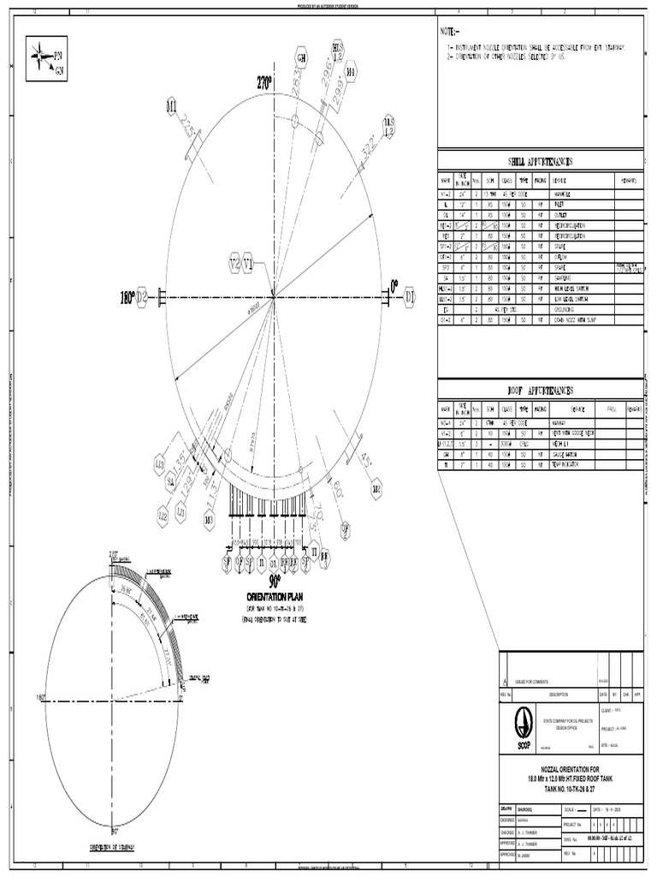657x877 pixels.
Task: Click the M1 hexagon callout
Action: pos(171,107)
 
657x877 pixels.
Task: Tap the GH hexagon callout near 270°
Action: pos(301,58)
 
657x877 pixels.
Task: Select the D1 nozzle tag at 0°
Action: pos(410,297)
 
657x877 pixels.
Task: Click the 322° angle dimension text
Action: pos(368,144)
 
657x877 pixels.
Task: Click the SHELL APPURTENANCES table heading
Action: pos(540,162)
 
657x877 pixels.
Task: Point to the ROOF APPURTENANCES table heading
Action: pos(540,391)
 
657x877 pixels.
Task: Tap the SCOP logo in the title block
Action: pos(524,728)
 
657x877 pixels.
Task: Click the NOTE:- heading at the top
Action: pos(450,31)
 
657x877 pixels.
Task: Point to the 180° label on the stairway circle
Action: pos(40,697)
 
